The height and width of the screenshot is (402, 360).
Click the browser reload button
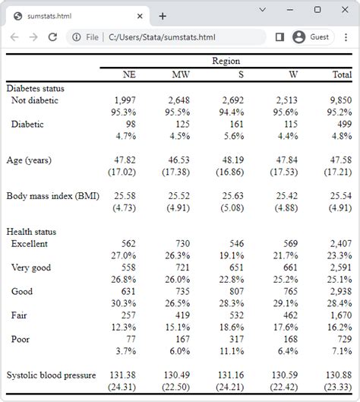[x=52, y=36]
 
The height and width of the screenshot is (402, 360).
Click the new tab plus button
[x=163, y=15]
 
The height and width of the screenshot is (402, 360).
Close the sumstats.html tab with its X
[x=140, y=15]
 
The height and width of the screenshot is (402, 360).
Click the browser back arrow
[x=14, y=36]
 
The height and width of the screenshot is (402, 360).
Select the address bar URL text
[x=162, y=36]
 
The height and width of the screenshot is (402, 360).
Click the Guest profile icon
[x=299, y=36]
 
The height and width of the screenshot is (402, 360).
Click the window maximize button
[x=317, y=10]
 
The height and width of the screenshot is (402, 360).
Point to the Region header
[x=226, y=62]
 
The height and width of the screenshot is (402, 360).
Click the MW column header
[x=181, y=74]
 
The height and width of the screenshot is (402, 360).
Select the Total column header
[x=342, y=74]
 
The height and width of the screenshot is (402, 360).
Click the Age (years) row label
[x=29, y=160]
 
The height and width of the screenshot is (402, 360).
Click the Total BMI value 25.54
[x=340, y=196]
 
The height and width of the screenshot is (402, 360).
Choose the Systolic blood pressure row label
[x=51, y=375]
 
